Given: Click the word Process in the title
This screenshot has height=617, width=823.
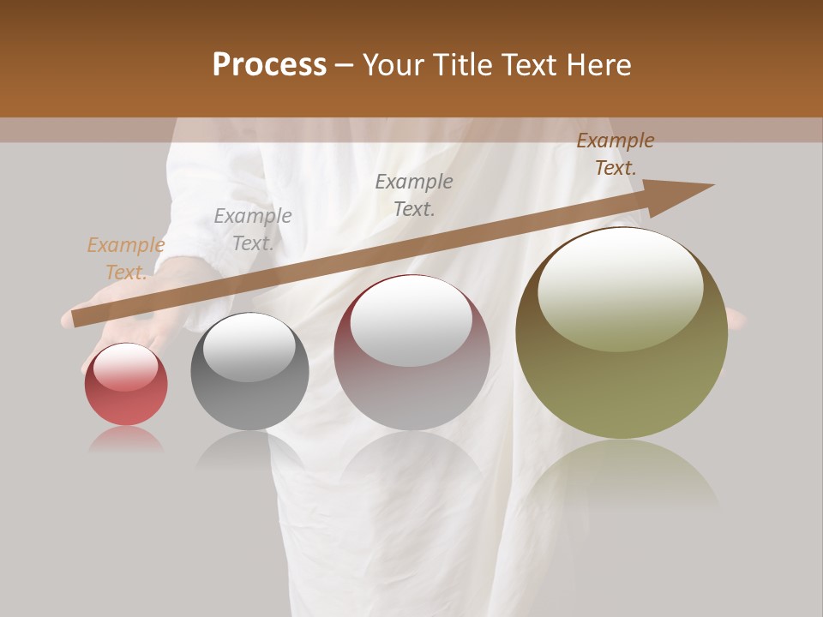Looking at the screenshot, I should coord(269,65).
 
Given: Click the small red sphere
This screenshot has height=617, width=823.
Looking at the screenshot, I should coord(126,385).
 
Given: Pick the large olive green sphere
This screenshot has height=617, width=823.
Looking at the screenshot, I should coord(622,333).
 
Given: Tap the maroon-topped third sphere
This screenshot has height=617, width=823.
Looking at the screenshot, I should coord(412,352).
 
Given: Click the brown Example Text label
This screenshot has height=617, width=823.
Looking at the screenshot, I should coord(616,154).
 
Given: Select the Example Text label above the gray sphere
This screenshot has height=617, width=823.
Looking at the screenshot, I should coord(253,230).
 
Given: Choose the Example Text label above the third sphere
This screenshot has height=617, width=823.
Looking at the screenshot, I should coord(414,195).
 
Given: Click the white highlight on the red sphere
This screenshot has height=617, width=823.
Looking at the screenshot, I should coord(125,367).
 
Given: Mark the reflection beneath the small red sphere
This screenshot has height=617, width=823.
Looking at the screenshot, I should coord(126,440).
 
